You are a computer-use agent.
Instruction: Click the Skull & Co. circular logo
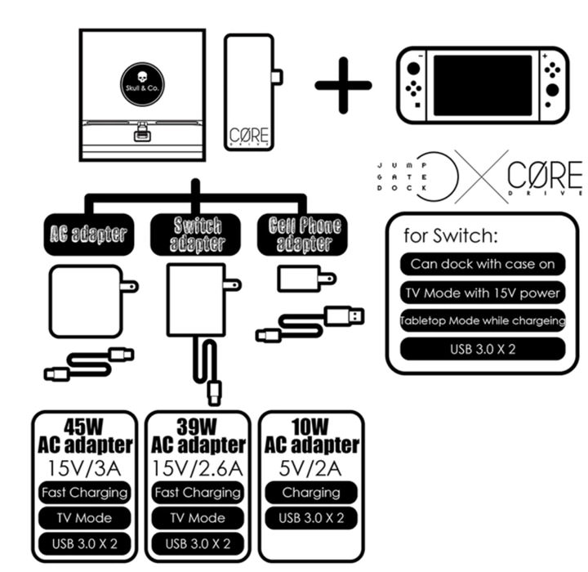141,84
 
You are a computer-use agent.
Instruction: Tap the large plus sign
343,84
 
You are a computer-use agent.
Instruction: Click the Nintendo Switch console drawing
481,85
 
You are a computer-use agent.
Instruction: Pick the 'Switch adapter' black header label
196,235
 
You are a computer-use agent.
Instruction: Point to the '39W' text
198,427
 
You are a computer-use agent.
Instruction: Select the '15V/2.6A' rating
198,467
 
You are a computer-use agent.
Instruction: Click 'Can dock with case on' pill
483,263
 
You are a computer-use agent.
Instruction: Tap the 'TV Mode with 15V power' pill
483,292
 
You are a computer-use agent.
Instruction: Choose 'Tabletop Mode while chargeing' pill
483,320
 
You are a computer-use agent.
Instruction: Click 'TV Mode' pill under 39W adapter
198,517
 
